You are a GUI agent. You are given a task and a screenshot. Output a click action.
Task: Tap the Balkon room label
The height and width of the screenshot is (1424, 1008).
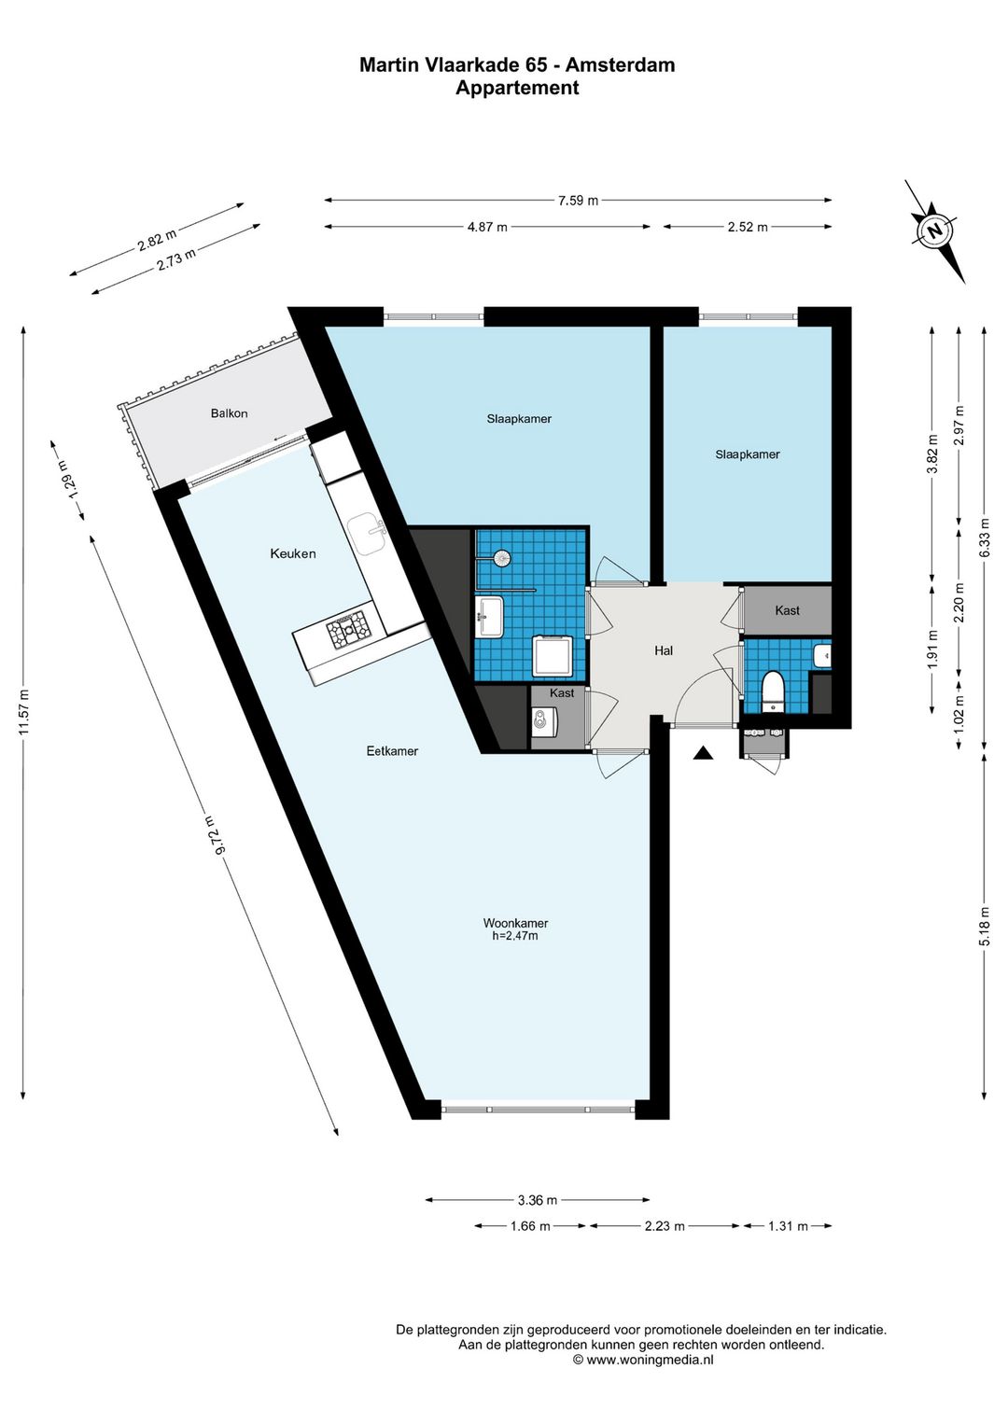pos(229,413)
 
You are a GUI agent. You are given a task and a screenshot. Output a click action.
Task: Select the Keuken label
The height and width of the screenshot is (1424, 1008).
pos(292,553)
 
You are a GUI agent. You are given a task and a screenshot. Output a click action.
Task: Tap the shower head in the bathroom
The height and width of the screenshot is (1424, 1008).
pos(502,557)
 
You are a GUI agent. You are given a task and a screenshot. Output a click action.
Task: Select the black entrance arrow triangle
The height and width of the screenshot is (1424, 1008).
pos(703,753)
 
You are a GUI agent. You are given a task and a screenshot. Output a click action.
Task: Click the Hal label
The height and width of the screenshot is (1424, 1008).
pos(664,651)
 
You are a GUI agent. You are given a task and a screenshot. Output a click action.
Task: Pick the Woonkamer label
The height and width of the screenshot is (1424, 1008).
pos(515,923)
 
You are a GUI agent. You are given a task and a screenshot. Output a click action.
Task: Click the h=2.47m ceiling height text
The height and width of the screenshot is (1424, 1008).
pos(515,936)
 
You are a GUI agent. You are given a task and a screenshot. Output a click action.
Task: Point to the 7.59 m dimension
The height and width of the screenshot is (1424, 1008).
pos(578,201)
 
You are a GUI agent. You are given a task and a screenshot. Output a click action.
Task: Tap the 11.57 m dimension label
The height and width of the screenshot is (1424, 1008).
pos(24,712)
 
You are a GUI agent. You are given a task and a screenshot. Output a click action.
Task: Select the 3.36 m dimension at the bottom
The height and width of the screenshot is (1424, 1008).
pos(538,1200)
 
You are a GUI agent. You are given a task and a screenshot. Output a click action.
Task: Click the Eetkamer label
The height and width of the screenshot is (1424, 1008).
pos(392,751)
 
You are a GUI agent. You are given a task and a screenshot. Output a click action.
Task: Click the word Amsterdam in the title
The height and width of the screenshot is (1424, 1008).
pos(620,64)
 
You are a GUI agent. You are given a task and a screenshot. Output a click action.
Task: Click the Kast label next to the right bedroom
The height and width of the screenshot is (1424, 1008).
pos(788,611)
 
